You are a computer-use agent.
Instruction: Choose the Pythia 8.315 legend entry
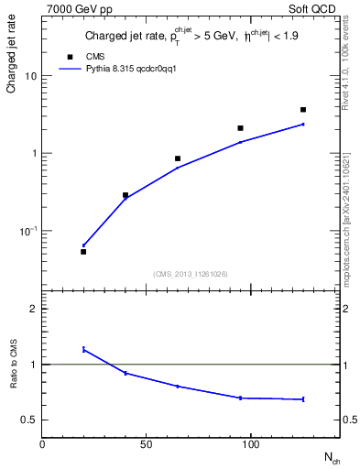click(x=118, y=68)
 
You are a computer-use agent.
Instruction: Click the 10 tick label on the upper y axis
click(x=31, y=76)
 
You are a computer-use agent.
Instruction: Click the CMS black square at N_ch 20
click(x=83, y=251)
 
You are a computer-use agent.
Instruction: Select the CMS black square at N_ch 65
click(x=178, y=158)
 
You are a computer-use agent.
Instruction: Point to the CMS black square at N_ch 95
click(x=240, y=128)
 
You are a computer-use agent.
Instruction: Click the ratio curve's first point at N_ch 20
click(x=83, y=349)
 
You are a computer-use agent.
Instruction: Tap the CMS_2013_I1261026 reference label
click(x=191, y=274)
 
